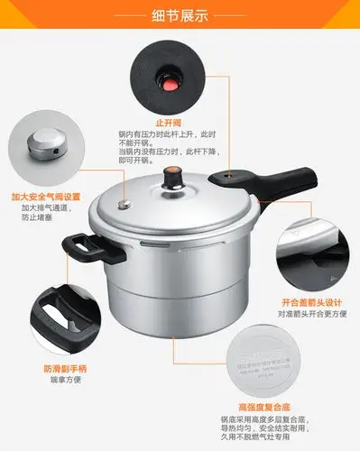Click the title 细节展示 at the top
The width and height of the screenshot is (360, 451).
coord(180,16)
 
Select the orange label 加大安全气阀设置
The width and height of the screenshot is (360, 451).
coord(45,197)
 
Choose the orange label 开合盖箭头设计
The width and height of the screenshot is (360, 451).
coord(312,303)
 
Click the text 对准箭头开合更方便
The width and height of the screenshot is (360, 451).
coord(312,315)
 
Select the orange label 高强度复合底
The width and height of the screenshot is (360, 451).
coord(263,407)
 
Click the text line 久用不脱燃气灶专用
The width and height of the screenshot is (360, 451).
coord(263,439)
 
